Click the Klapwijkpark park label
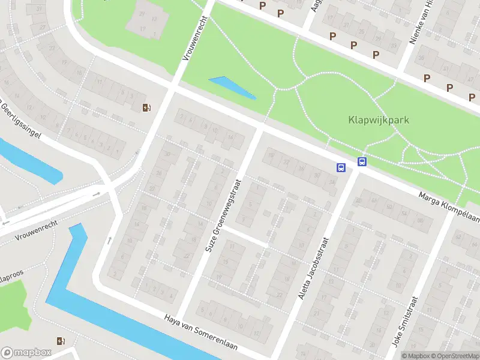pyautogui.click(x=378, y=119)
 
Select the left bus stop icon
pyautogui.click(x=341, y=168)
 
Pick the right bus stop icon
pyautogui.click(x=362, y=161)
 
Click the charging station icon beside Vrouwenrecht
pyautogui.click(x=146, y=108)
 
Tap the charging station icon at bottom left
pyautogui.click(x=59, y=341)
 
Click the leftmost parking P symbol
pyautogui.click(x=262, y=5)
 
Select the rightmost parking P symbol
pyautogui.click(x=472, y=98)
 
